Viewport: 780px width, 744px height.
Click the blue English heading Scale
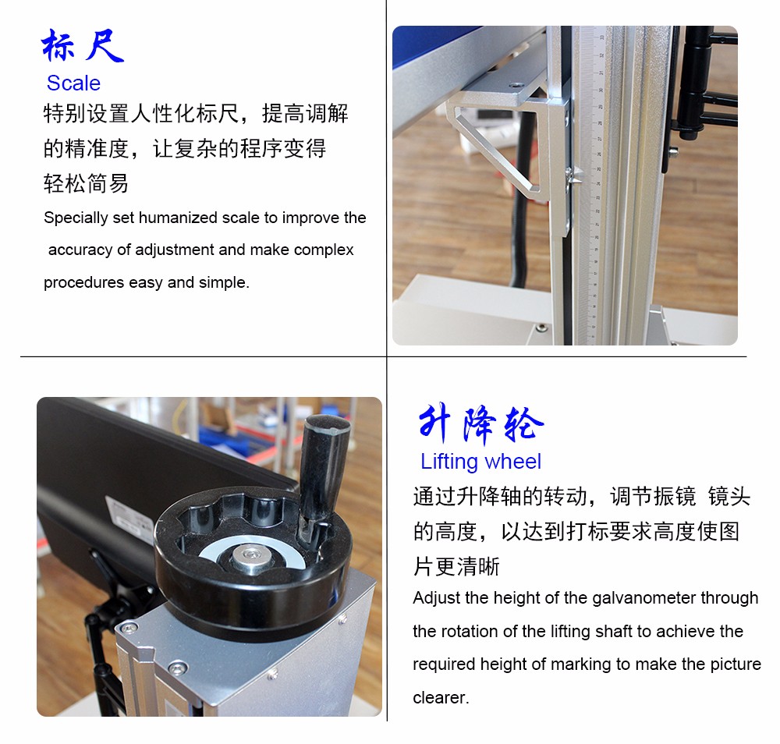73,83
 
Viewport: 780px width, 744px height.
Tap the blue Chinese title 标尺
83,45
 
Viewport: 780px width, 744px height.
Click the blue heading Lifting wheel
480,462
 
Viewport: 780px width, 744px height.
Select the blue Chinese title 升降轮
481,423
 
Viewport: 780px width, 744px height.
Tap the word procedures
83,282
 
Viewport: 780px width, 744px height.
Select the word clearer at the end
441,698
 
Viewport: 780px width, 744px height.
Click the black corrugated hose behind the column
520,219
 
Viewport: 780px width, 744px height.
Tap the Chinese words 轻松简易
86,183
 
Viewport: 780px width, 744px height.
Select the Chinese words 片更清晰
456,566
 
